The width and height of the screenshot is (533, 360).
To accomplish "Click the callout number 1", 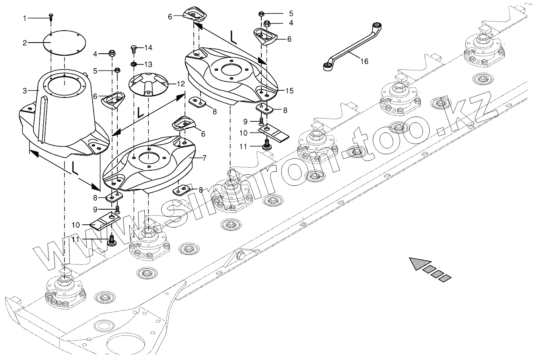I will click(25, 18).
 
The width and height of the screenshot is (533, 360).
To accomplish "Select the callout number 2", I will click(25, 43).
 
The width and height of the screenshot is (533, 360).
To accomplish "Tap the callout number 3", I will click(25, 91).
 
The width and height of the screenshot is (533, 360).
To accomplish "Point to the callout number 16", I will click(364, 61).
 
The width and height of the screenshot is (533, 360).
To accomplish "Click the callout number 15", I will click(289, 91).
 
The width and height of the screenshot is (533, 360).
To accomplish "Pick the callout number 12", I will click(181, 84).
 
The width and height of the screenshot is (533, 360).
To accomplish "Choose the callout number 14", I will click(148, 48).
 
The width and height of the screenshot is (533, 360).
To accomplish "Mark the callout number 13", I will click(148, 64).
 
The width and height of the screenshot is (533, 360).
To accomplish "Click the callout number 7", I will click(204, 158).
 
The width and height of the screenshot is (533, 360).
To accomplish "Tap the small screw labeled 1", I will click(51, 16).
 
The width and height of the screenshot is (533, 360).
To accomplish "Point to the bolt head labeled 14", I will click(134, 49).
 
